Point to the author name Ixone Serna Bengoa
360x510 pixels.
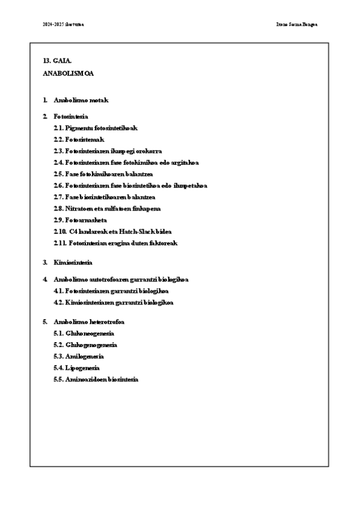tap(294, 25)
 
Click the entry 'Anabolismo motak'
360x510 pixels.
tap(81, 100)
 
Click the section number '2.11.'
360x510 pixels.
tap(59, 243)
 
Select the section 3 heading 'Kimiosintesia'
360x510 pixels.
tap(73, 263)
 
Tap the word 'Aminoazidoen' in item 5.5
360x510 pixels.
tap(83, 379)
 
